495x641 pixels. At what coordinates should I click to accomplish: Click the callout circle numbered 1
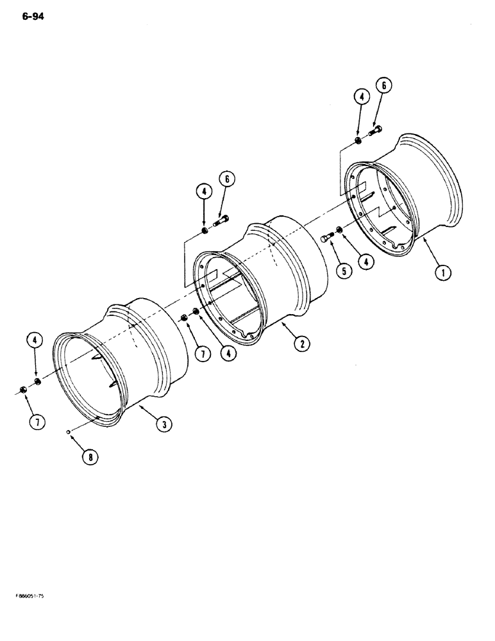click(442, 274)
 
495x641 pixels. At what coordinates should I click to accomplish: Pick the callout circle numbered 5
click(344, 271)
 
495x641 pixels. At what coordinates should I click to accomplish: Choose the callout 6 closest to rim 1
click(384, 86)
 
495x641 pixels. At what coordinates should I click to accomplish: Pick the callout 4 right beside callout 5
click(367, 262)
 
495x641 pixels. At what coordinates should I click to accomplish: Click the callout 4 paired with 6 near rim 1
click(362, 97)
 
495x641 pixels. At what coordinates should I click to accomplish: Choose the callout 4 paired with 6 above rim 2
click(203, 190)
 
